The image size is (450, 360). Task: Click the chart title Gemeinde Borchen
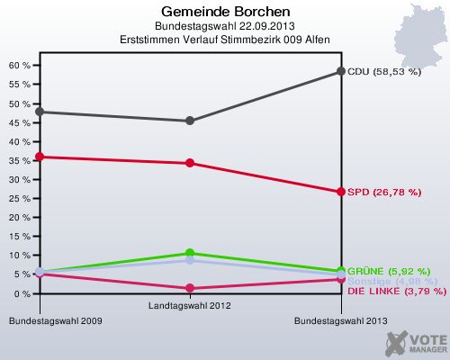click(x=226, y=13)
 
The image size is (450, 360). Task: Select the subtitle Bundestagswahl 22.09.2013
click(x=226, y=27)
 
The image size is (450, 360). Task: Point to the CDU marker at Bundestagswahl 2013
click(x=341, y=71)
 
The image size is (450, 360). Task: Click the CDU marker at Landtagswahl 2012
click(x=190, y=121)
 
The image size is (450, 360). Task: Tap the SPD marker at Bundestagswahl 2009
click(x=39, y=157)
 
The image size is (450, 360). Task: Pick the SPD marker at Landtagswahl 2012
click(x=190, y=163)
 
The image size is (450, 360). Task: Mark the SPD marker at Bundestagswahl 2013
click(x=341, y=192)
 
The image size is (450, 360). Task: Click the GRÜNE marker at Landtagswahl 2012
click(x=190, y=253)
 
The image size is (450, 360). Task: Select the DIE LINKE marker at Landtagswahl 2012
click(x=190, y=288)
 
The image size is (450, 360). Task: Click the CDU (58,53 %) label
click(x=384, y=71)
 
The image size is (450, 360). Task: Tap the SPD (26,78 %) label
click(x=384, y=192)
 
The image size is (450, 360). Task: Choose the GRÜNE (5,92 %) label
click(x=388, y=271)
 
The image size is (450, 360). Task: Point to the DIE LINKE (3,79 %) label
click(x=396, y=291)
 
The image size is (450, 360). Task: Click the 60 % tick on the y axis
click(x=20, y=66)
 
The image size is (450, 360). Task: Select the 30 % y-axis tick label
click(x=20, y=179)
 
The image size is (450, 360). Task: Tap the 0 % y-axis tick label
click(x=22, y=293)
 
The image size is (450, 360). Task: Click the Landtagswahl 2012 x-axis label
click(x=190, y=307)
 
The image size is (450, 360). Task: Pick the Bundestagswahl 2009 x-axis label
click(x=49, y=320)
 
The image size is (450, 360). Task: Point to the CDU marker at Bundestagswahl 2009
click(x=39, y=112)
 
